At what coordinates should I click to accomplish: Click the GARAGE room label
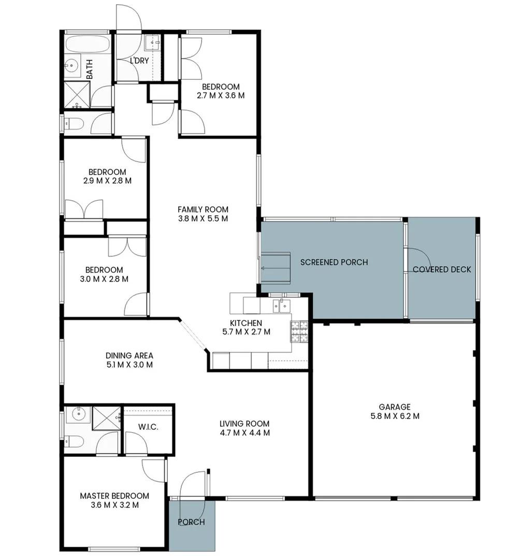[x=394, y=407]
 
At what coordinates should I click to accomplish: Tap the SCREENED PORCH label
[x=334, y=262]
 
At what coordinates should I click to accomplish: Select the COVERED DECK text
[x=442, y=270]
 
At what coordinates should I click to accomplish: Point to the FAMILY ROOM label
[x=202, y=209]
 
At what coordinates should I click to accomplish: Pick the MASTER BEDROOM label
[x=114, y=496]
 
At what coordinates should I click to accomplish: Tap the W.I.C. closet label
[x=148, y=427]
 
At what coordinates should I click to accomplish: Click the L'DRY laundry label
[x=139, y=61]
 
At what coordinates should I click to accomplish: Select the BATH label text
[x=90, y=68]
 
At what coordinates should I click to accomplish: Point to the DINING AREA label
[x=129, y=356]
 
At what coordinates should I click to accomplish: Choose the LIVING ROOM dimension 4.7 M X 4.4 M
[x=244, y=433]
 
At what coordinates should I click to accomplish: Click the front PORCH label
[x=191, y=522]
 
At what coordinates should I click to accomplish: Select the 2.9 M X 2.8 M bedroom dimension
[x=107, y=181]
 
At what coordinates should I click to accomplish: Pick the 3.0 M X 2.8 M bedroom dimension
[x=104, y=279]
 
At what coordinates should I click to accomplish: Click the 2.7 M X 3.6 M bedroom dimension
[x=221, y=95]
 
